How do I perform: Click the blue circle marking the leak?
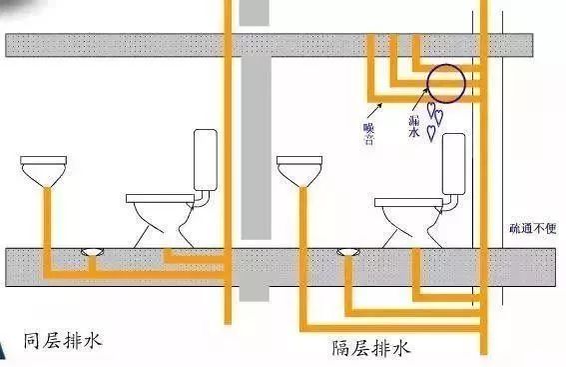pyautogui.click(x=444, y=84)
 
